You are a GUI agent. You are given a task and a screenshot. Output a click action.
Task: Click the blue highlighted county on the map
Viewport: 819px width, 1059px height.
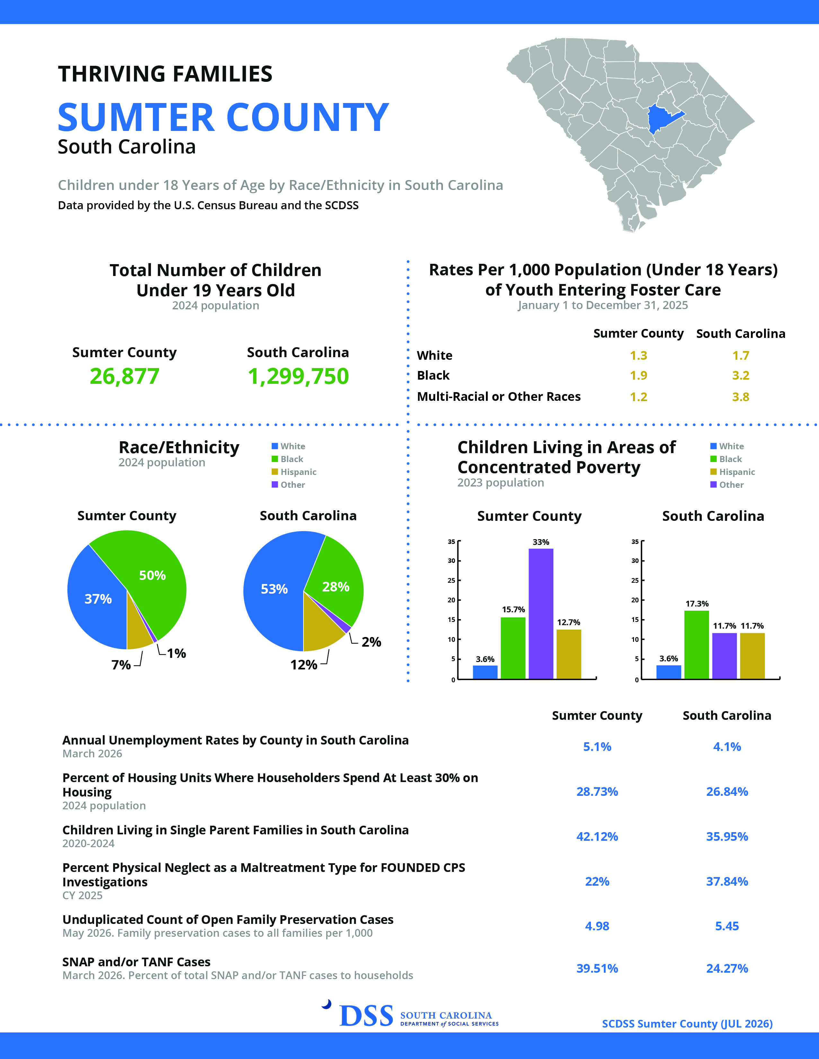pyautogui.click(x=662, y=119)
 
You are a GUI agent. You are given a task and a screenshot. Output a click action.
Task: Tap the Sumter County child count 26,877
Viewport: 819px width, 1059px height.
pyautogui.click(x=125, y=376)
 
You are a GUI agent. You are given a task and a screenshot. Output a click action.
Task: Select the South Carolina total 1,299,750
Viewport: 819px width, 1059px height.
pyautogui.click(x=298, y=376)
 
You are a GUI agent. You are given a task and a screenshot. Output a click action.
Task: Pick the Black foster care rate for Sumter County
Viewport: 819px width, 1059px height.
pyautogui.click(x=638, y=375)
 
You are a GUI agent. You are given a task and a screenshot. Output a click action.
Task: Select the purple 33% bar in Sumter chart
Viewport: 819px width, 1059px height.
pyautogui.click(x=541, y=613)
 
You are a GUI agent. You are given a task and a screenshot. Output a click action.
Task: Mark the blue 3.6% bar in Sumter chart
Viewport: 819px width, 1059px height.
pyautogui.click(x=485, y=672)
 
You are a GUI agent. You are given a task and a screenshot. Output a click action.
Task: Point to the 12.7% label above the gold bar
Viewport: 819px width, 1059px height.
pyautogui.click(x=568, y=622)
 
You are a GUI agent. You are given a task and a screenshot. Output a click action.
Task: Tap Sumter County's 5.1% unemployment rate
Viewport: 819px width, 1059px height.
pyautogui.click(x=597, y=747)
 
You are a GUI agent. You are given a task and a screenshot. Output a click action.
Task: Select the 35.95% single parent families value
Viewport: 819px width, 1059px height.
pyautogui.click(x=727, y=836)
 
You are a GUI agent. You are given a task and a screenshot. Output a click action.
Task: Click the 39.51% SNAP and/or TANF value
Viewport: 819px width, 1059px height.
pyautogui.click(x=597, y=968)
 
